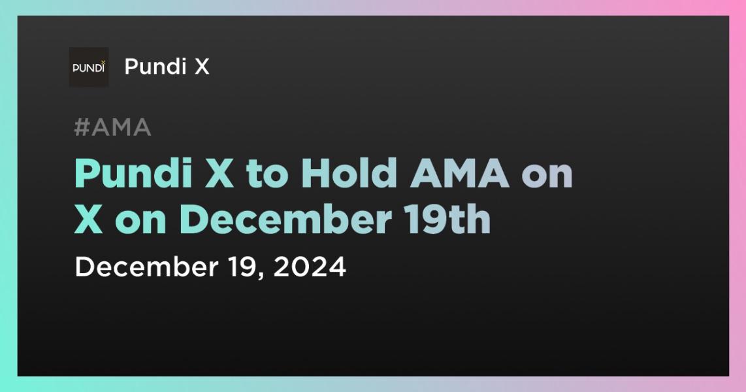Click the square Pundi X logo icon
(x=89, y=67)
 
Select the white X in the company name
(x=201, y=67)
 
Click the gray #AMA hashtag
(x=112, y=128)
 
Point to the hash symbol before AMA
(x=82, y=128)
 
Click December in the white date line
(x=138, y=267)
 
